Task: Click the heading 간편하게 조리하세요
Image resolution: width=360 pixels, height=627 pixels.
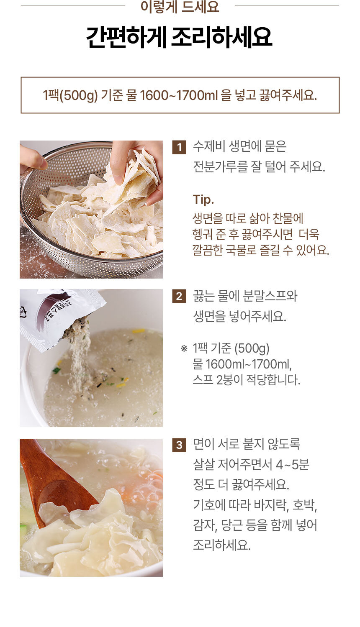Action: pos(179,37)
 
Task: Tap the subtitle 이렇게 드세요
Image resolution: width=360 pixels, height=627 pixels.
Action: pos(180,7)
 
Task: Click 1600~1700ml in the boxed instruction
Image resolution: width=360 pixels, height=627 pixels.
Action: pos(179,95)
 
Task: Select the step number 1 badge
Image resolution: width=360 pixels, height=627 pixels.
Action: pos(179,147)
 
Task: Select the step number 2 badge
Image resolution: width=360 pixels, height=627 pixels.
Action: pos(179,296)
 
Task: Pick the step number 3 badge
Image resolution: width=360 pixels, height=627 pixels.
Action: pos(179,445)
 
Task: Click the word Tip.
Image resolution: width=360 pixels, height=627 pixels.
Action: pos(203,200)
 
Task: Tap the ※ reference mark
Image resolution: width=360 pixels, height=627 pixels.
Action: pos(184,348)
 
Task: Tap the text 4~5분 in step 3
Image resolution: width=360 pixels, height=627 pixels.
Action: pos(292,465)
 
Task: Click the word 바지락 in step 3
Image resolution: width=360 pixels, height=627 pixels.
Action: pos(272,505)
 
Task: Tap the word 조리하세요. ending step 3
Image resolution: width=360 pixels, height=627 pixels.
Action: pos(221,545)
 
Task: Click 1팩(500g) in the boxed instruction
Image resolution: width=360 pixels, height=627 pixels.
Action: pos(70,95)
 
